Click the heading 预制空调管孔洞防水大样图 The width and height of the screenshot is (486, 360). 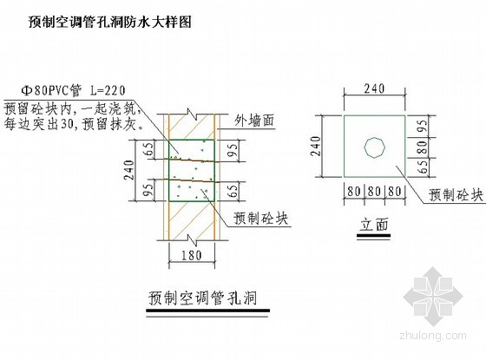coord(110,23)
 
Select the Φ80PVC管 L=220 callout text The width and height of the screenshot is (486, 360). coord(73,90)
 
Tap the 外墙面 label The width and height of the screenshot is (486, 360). coord(254,121)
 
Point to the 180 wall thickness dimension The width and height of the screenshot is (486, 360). coord(192,256)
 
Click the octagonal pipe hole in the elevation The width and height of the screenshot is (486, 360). coord(374,148)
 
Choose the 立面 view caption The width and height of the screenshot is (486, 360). coord(373,225)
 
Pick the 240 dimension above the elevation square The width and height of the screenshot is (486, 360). coord(374,88)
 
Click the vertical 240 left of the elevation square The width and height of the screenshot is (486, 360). coord(316,146)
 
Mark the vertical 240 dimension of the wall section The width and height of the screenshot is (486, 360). coord(129,170)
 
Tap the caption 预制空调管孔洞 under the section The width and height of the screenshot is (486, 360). coord(203,298)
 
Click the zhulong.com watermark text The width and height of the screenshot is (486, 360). coord(433,335)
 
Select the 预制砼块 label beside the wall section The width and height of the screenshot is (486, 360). coord(261,218)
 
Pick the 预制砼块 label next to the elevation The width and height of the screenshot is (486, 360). coord(456,195)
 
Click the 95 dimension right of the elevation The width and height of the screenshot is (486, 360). coord(423,127)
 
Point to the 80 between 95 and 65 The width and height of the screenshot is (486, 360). coord(423,147)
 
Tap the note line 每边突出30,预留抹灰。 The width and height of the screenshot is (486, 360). coord(74,124)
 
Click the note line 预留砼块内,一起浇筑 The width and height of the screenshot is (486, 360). coord(70,109)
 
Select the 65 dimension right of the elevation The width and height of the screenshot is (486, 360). coord(423,167)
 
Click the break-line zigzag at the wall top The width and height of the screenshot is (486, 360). coord(192,115)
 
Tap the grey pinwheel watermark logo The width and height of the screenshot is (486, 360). coord(433,297)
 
